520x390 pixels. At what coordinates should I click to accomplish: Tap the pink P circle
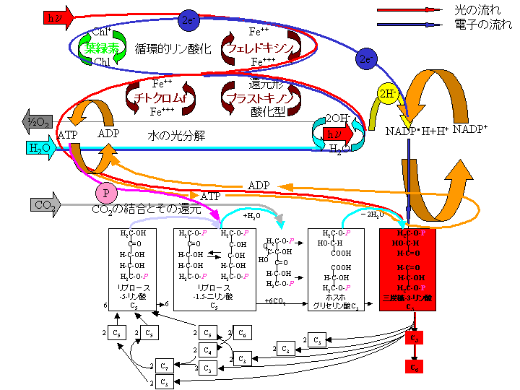(105, 193)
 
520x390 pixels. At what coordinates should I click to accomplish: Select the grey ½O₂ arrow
(36, 121)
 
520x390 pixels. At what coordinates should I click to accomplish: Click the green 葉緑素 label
(102, 48)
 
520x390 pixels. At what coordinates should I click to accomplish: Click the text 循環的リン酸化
(173, 48)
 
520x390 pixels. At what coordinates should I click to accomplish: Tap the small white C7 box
(166, 365)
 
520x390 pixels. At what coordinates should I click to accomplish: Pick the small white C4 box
(207, 350)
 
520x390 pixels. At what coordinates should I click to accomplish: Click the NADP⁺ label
(470, 130)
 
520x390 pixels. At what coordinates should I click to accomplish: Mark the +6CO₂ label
(275, 300)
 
